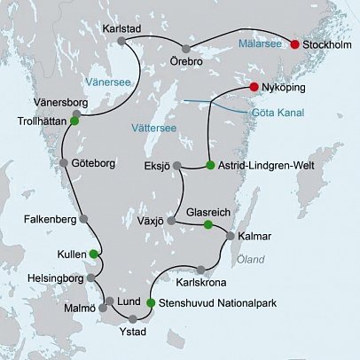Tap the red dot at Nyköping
pos(254,87)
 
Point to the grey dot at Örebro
pos(186,48)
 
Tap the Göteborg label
pos(89,165)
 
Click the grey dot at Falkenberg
pos(83,218)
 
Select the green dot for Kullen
pos(93,254)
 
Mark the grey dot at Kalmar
pos(231,237)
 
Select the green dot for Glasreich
pos(207,225)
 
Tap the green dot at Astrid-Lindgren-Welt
pos(209,165)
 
